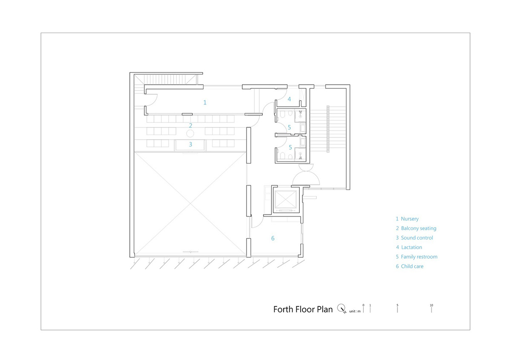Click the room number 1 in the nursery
205,103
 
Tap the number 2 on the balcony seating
190,126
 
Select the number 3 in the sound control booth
190,145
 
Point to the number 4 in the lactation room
289,99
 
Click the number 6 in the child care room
273,238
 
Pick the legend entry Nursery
407,219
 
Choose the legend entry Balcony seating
416,229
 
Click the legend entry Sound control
414,238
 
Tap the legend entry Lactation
409,247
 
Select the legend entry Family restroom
416,257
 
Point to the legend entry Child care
410,266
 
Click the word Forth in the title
283,310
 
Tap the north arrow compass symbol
342,309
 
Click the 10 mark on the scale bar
431,305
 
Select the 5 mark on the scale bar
397,305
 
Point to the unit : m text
355,311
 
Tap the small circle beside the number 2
190,133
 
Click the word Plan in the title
324,310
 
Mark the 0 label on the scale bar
363,305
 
